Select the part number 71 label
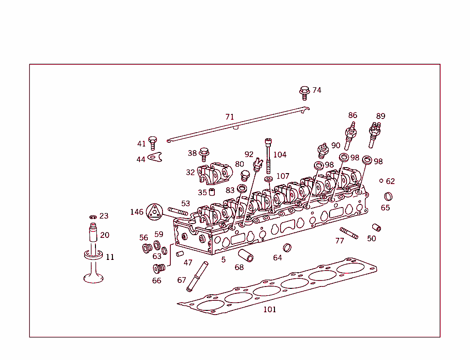click(229, 117)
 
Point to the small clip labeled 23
click(93, 217)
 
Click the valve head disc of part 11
click(93, 277)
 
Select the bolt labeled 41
click(153, 143)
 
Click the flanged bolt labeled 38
click(204, 154)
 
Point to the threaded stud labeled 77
click(349, 233)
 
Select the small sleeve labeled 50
click(377, 227)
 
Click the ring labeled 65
click(388, 197)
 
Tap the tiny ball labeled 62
click(381, 181)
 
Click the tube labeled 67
click(196, 276)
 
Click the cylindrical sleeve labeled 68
click(246, 255)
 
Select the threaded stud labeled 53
click(178, 212)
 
